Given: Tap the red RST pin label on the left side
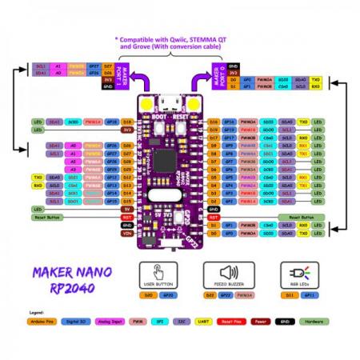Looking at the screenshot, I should click(x=126, y=217).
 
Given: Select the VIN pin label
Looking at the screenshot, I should click(x=126, y=234).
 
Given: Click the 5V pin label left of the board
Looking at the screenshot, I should click(x=126, y=209).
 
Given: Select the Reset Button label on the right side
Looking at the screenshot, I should click(x=302, y=217).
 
